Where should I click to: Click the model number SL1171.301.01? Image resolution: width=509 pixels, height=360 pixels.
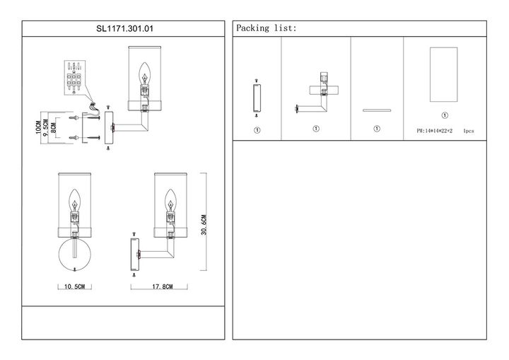[x=124, y=29]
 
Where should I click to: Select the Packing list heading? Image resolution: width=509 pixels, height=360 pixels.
[x=267, y=28]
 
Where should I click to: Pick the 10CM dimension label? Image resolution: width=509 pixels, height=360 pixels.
[x=38, y=128]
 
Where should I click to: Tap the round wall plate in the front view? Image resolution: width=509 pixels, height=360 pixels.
[x=74, y=255]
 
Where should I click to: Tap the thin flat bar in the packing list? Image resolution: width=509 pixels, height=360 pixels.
[x=377, y=110]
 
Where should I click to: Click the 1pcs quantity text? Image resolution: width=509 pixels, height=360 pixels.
[x=469, y=132]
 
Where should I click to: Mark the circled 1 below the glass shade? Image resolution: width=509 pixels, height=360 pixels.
[x=444, y=115]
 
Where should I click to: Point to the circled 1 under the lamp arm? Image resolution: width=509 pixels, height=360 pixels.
[x=316, y=129]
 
